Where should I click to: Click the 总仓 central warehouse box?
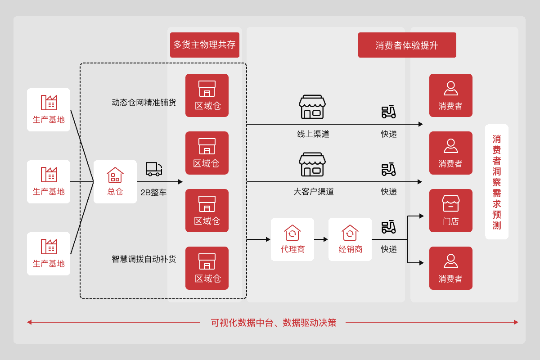click(x=115, y=182)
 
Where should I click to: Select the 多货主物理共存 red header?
click(x=205, y=45)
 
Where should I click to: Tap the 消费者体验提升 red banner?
click(x=407, y=45)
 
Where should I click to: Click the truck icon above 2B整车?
click(x=154, y=169)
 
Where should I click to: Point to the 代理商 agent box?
click(x=292, y=239)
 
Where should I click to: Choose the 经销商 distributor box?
click(x=350, y=239)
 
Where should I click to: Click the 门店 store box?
click(x=451, y=211)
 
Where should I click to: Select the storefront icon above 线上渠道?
click(x=312, y=107)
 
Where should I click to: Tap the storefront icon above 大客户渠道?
click(x=312, y=165)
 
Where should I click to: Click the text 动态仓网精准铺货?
click(x=144, y=103)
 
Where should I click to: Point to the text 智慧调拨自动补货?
click(x=144, y=259)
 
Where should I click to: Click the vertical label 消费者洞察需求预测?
click(x=497, y=182)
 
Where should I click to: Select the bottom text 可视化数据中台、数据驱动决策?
click(x=273, y=323)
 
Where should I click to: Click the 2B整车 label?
click(x=153, y=193)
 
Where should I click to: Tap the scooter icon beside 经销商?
click(x=389, y=226)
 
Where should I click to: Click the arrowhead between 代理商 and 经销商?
click(x=326, y=239)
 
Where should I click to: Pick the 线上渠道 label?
click(x=313, y=134)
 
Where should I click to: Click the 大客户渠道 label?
click(x=314, y=192)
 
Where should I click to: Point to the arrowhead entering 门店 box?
click(x=422, y=216)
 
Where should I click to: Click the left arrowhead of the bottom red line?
click(x=29, y=322)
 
